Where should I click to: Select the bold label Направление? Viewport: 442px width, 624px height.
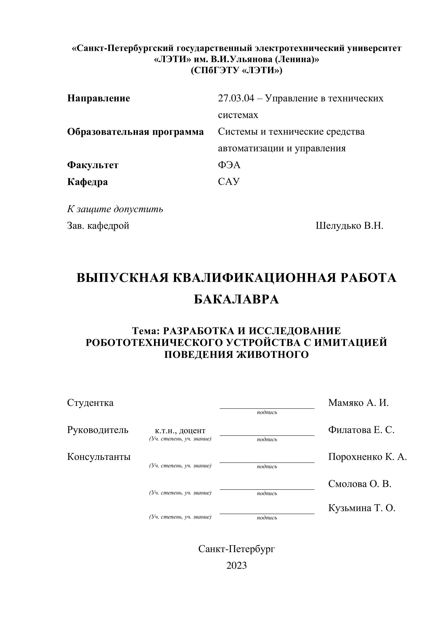[99, 98]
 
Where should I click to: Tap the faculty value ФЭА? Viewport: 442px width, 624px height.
[229, 165]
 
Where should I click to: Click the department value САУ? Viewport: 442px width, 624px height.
[229, 182]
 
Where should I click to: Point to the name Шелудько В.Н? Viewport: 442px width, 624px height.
[349, 226]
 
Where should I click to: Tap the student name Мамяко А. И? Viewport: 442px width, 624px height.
[358, 402]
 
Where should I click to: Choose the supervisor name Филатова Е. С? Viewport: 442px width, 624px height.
[361, 430]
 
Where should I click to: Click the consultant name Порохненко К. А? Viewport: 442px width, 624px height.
[367, 457]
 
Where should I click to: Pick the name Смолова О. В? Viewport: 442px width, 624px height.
[359, 484]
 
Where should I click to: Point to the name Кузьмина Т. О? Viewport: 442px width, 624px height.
[362, 508]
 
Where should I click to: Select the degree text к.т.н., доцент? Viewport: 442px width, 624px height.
[180, 430]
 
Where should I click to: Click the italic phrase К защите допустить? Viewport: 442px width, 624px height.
[115, 209]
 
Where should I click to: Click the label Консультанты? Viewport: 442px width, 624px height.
[99, 457]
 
